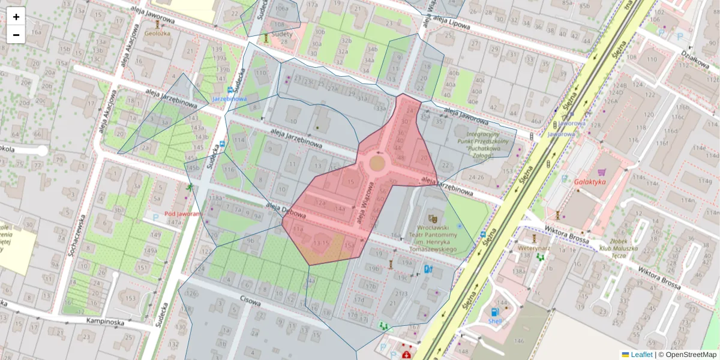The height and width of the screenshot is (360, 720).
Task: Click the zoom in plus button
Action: [16, 17]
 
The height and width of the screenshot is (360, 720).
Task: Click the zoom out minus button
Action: [16, 35]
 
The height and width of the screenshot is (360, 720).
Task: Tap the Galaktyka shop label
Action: [590, 181]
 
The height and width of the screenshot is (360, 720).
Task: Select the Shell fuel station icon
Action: [494, 312]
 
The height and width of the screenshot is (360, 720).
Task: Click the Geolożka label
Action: [157, 34]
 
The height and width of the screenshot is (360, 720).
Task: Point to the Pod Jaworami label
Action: [184, 214]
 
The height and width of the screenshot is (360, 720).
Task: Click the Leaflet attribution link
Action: [641, 355]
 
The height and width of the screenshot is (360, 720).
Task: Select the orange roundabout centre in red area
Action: [377, 163]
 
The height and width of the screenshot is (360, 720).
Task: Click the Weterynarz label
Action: [535, 247]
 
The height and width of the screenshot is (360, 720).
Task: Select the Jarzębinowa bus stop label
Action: [229, 98]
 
